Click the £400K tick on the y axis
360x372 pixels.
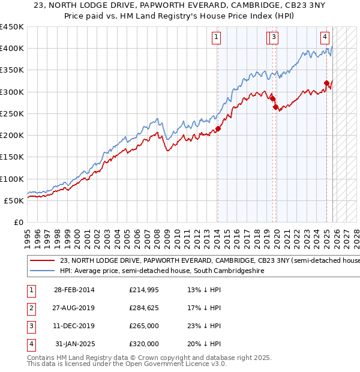point(11,49)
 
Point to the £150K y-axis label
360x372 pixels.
point(11,157)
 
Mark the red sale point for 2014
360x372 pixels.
point(218,128)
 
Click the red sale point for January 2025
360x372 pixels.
point(327,83)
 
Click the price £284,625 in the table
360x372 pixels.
point(144,308)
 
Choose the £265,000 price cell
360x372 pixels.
point(144,326)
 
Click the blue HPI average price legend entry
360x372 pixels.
point(162,271)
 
